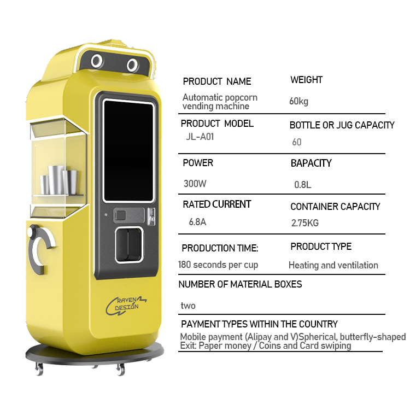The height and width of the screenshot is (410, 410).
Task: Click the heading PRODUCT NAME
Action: click(x=217, y=81)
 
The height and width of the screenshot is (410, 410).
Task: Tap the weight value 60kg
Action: click(x=298, y=101)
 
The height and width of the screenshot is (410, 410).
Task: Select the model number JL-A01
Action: click(x=200, y=137)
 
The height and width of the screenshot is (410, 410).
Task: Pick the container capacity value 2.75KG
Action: click(x=305, y=223)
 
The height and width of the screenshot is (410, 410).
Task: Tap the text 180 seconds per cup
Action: click(x=218, y=265)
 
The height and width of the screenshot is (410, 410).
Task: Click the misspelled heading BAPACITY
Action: click(x=311, y=163)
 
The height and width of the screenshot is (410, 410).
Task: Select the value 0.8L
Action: click(x=302, y=185)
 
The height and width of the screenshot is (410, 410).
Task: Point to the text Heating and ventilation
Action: click(x=333, y=265)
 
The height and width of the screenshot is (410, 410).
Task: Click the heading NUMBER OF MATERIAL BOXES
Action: click(x=240, y=284)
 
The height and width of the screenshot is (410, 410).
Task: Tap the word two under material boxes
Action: click(x=188, y=306)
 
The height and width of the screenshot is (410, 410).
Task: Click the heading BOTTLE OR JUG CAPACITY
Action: click(x=342, y=125)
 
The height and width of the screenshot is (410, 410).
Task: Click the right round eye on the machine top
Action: click(x=133, y=66)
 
